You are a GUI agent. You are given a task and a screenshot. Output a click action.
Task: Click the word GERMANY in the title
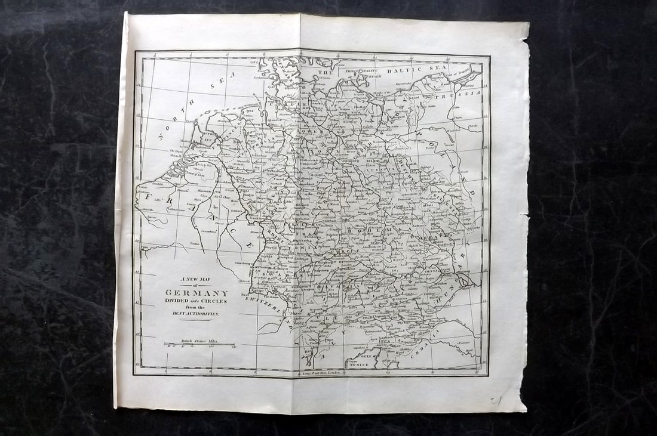click(x=197, y=293)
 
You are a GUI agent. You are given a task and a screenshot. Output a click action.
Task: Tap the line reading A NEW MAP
click(x=197, y=279)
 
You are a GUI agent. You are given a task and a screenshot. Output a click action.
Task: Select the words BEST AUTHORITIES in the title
click(x=197, y=313)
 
